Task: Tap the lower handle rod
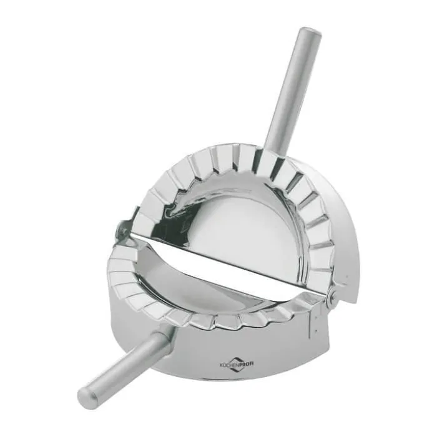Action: click(125, 365)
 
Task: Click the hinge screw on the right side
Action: click(331, 293)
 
